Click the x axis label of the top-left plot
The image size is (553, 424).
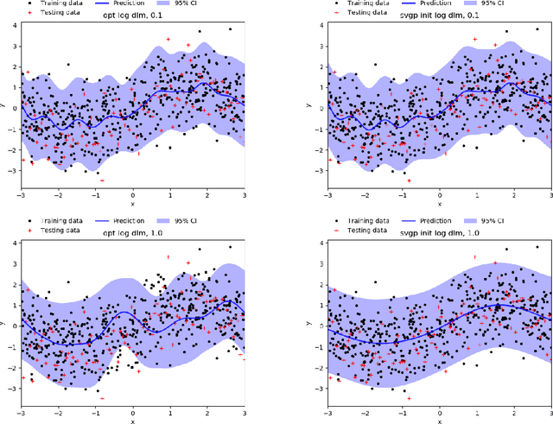click(x=133, y=205)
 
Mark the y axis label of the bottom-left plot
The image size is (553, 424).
click(x=4, y=326)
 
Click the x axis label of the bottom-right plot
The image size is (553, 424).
click(x=440, y=421)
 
